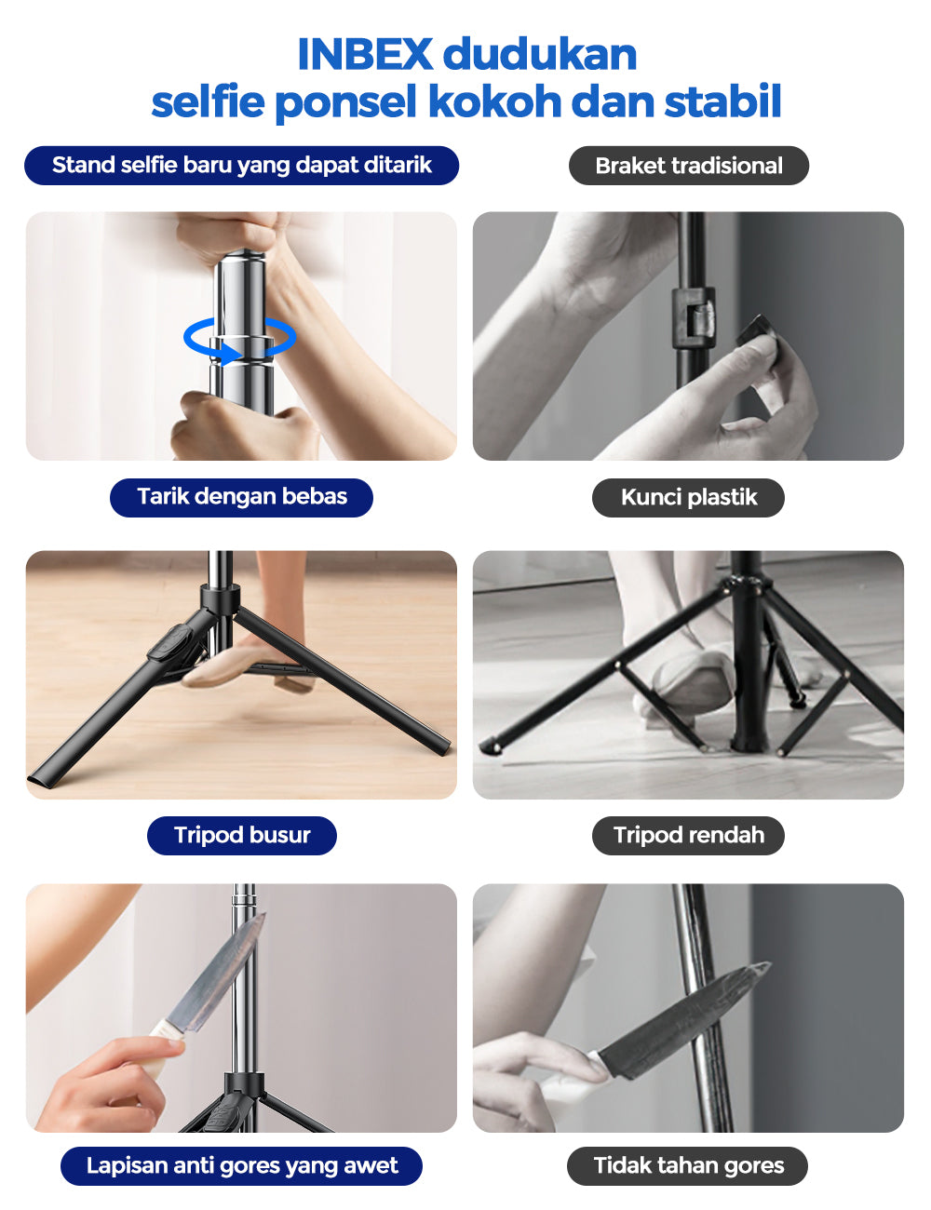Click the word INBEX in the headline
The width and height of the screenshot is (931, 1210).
tap(365, 55)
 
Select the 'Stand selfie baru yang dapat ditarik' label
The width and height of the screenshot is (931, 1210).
tap(242, 166)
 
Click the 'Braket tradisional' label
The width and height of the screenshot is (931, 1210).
tap(689, 166)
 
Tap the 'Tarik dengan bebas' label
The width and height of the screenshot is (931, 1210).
tap(242, 497)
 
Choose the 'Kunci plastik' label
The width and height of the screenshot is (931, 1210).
tap(688, 497)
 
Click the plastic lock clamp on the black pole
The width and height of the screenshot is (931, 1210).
tap(694, 318)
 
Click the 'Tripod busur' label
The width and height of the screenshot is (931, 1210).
tap(242, 835)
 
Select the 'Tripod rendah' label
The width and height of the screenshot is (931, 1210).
tap(688, 835)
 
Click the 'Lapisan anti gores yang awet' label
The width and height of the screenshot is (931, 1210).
tap(242, 1166)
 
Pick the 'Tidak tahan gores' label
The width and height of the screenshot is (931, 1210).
tap(688, 1166)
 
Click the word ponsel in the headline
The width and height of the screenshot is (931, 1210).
tap(345, 101)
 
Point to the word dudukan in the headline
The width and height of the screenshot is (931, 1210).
tap(540, 55)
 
